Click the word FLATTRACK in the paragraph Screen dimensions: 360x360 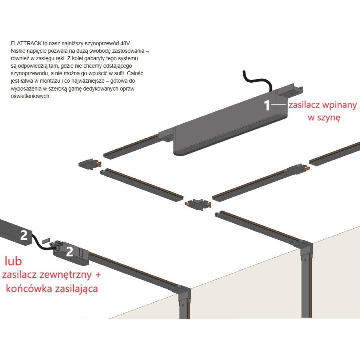point(26,43)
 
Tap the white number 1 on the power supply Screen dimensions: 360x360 point(267,105)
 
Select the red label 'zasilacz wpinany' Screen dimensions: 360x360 point(322,105)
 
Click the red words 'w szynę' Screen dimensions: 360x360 point(324,118)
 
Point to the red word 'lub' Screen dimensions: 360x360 point(13,261)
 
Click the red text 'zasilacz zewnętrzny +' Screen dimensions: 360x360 point(51,275)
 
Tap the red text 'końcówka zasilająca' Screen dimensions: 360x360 point(52,288)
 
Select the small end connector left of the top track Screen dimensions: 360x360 point(90,164)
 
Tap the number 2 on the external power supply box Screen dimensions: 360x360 point(24,235)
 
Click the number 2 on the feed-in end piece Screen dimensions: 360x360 point(70,252)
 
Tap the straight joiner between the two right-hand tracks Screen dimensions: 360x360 point(297,169)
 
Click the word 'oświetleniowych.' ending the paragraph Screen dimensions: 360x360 point(31,96)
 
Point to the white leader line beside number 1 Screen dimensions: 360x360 point(279,104)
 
